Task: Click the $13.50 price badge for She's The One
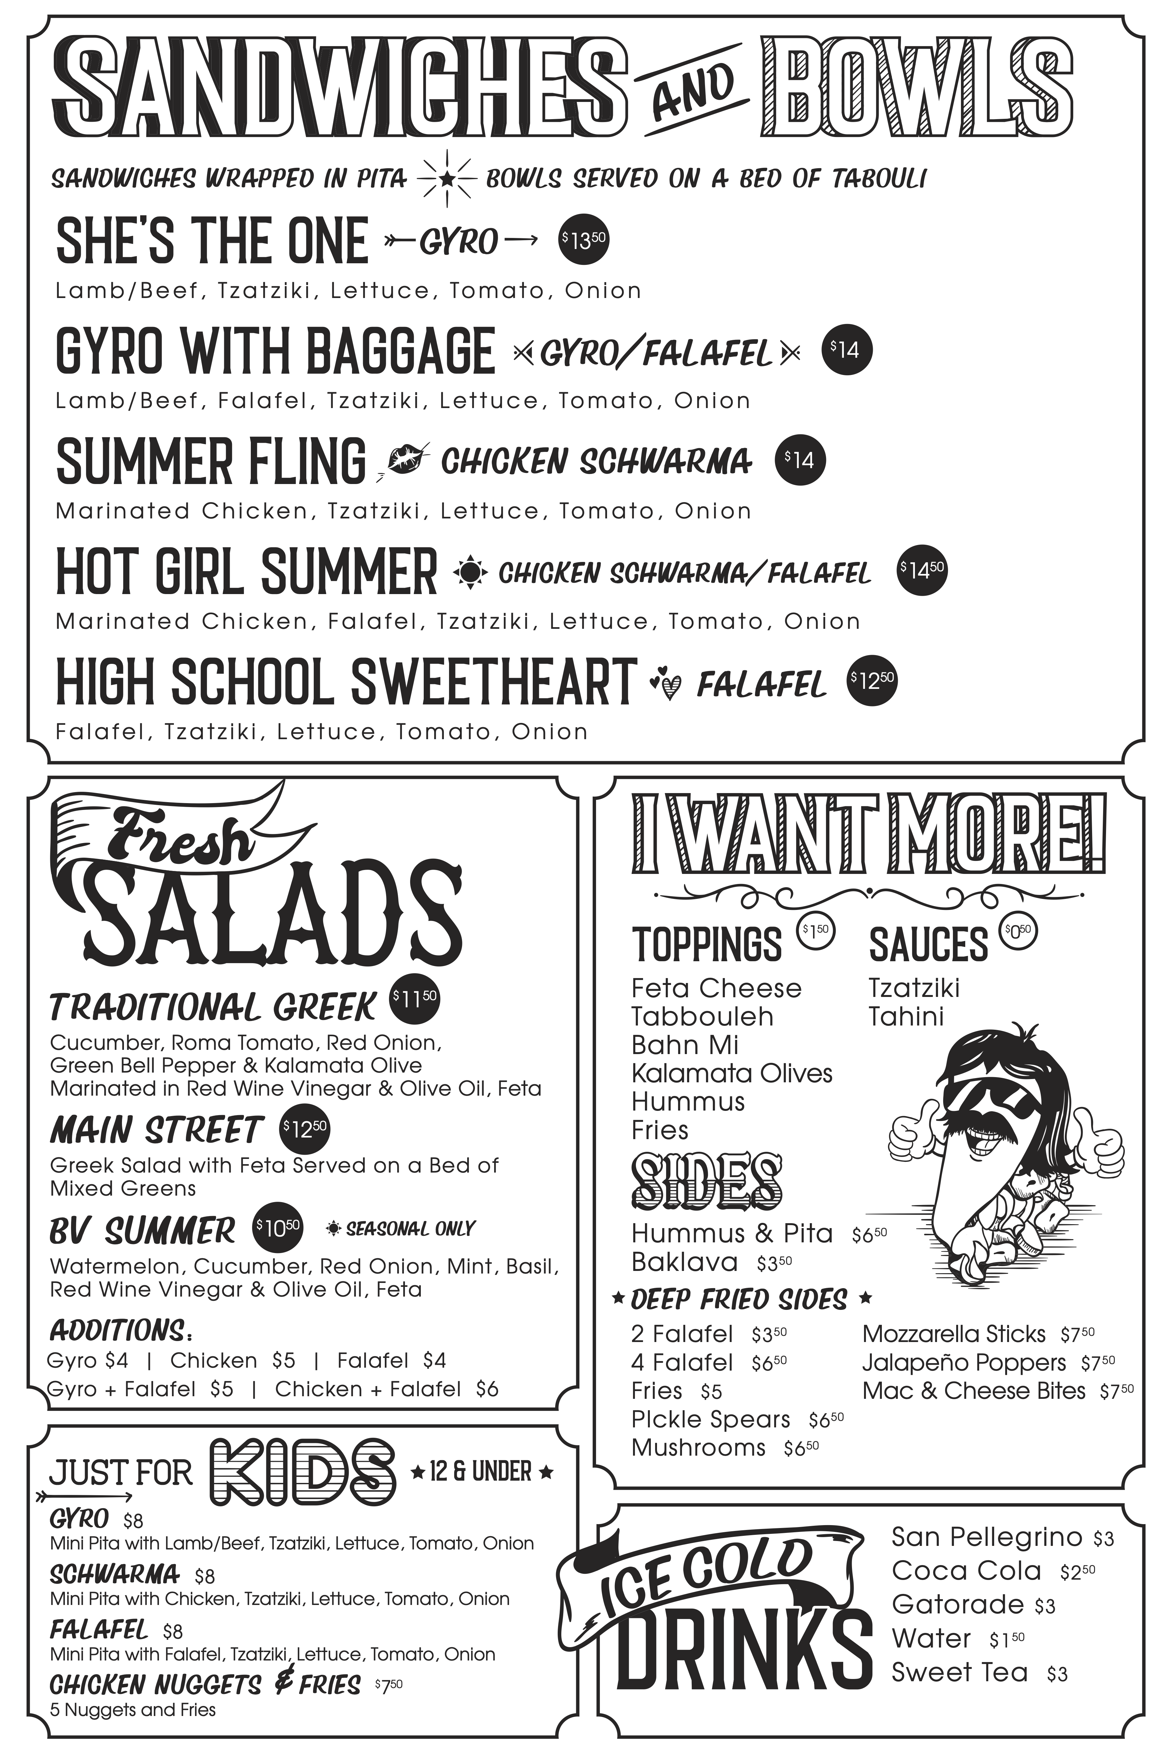584,240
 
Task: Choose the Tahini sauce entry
906,1017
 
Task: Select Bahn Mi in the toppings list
685,1045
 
